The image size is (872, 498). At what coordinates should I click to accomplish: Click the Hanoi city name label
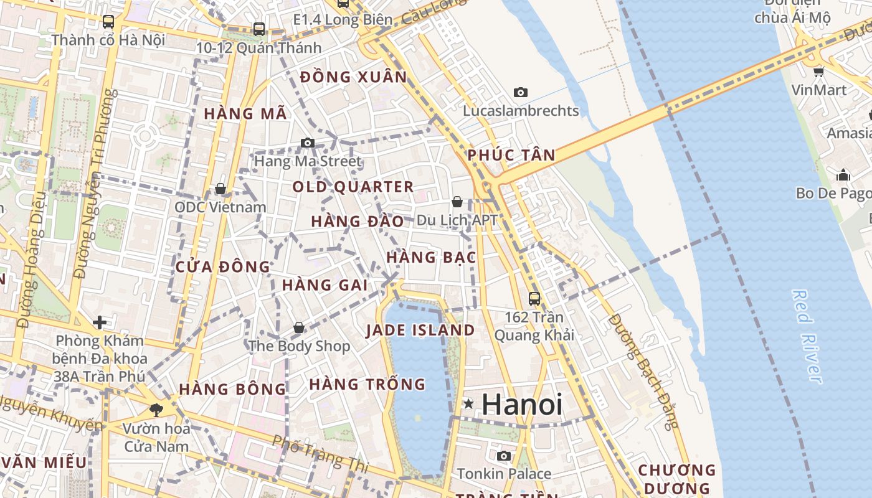pos(522,405)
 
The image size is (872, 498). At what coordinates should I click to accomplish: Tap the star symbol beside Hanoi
pos(468,405)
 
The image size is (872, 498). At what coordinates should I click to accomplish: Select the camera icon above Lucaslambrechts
pos(521,93)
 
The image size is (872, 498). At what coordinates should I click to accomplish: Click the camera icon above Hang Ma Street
pos(307,143)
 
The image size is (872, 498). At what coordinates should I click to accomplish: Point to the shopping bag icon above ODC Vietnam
pos(220,189)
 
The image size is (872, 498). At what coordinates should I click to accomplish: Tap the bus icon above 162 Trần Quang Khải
pos(534,298)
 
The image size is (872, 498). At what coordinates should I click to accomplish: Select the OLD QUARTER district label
pos(353,187)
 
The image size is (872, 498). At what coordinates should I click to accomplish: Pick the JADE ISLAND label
pos(420,331)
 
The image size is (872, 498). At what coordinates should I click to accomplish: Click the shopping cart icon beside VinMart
pos(818,72)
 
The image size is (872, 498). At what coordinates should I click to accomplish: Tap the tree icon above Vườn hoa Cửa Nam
pos(156,410)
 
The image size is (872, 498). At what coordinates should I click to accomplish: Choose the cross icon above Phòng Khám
pos(99,322)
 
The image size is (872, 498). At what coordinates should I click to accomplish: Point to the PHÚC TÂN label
pos(511,155)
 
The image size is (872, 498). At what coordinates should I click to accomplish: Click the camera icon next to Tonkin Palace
pos(504,456)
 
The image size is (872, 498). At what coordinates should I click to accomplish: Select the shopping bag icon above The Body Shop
pos(299,327)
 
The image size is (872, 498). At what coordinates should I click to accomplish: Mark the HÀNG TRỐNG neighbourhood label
pos(367,384)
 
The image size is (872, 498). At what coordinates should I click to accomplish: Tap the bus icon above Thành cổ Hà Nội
pos(108,22)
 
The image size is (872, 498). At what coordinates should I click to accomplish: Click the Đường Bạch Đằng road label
pos(643,371)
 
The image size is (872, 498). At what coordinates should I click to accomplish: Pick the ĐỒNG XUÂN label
pos(353,77)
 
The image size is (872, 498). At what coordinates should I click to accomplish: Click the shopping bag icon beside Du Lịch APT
pos(457,202)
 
